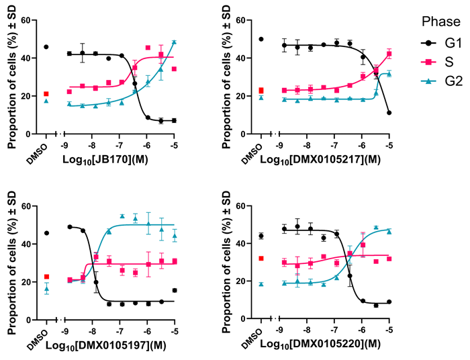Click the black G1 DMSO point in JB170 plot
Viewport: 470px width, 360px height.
coord(46,47)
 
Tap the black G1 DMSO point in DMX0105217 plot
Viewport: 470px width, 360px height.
coord(261,39)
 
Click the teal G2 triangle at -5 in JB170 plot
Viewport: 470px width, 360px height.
coord(174,42)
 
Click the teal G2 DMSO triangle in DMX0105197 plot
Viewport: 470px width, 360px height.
coord(46,289)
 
